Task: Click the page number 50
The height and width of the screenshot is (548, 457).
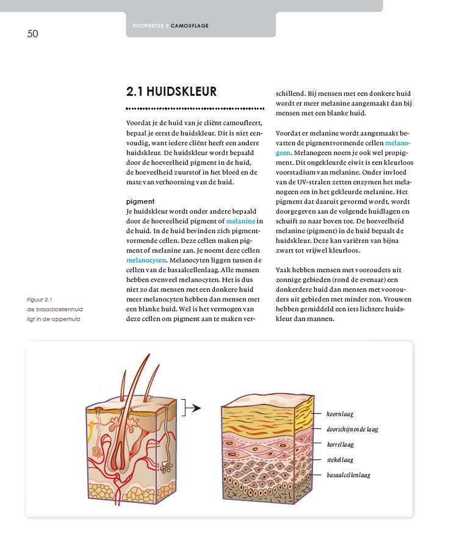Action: coord(33,34)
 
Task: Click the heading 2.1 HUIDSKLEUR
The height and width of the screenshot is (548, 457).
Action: coord(171,92)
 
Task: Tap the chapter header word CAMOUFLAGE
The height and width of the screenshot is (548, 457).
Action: coord(191,26)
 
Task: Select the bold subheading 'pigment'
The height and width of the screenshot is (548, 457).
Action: coord(140,201)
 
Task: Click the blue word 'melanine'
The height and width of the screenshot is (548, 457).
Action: coord(240,220)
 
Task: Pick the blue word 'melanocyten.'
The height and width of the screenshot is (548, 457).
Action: coord(142,260)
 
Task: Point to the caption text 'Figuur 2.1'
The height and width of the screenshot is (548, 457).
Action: coord(40,300)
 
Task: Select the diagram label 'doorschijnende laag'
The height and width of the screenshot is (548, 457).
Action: coord(352,429)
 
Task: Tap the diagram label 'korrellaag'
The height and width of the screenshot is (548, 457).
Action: coord(340,445)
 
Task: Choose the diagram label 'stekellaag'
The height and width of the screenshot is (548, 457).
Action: coord(340,460)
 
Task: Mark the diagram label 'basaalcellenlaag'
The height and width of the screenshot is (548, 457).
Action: coord(348,475)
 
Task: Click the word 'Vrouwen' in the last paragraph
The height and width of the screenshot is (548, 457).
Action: coord(398,299)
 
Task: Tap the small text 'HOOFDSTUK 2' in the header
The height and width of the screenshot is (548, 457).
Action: coord(151,26)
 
